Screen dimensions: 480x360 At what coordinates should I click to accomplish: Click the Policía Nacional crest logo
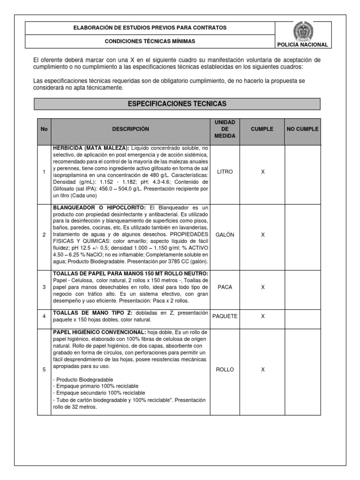point(304,31)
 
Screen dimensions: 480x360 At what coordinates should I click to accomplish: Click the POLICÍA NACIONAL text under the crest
point(304,45)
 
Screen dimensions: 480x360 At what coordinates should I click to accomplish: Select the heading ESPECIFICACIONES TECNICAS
point(177,103)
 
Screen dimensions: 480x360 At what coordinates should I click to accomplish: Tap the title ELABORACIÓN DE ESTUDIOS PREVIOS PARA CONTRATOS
point(150,28)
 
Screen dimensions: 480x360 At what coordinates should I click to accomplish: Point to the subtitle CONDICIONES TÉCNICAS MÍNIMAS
point(150,41)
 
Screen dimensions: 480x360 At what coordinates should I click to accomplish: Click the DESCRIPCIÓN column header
point(130,129)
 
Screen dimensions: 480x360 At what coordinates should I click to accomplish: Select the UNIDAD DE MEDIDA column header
point(225,129)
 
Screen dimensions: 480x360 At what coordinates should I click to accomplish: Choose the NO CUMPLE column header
point(302,129)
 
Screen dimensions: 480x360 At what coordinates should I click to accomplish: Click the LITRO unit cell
point(225,172)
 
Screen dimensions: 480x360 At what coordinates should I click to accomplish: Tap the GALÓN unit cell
point(225,234)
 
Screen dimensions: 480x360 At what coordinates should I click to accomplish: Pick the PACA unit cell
point(225,287)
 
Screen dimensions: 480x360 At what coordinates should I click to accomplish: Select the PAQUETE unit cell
point(225,316)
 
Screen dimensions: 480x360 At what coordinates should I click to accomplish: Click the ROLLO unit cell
point(225,369)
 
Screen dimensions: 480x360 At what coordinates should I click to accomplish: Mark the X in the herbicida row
point(262,172)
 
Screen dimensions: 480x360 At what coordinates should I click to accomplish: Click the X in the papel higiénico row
point(262,369)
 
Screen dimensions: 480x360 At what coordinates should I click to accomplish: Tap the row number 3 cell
point(44,287)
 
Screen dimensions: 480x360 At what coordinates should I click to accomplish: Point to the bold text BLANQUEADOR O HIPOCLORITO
point(100,207)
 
